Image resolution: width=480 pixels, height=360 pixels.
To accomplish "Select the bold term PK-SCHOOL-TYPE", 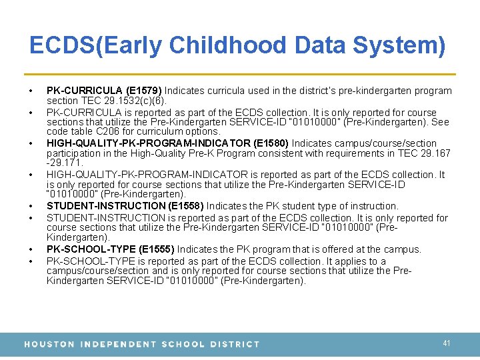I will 81,249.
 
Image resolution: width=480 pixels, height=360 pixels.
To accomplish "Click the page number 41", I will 447,343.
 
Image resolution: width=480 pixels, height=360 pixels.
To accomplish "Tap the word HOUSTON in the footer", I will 49,344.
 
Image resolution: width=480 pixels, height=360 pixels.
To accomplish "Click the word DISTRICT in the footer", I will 235,344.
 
